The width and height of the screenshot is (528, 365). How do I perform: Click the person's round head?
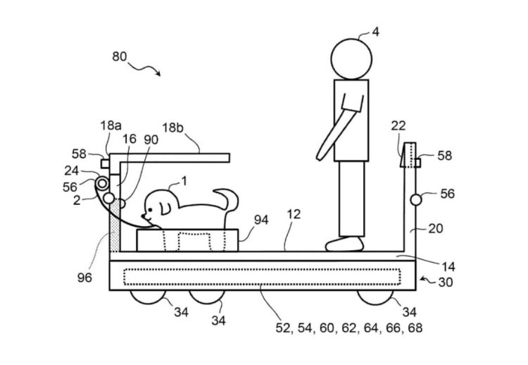tap(351, 59)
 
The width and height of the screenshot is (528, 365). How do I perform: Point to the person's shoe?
tap(344, 244)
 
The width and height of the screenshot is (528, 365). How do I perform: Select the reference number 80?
tap(120, 56)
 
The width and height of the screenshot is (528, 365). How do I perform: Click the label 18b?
tap(173, 128)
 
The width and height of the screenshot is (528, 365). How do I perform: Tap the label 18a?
tap(111, 125)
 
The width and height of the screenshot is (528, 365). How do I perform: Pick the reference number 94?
tap(261, 220)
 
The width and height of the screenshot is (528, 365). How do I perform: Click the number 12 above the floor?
tap(294, 214)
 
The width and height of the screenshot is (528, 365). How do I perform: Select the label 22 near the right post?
tap(398, 125)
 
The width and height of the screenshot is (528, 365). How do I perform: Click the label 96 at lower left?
tap(84, 278)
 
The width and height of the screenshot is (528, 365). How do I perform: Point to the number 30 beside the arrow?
tap(446, 282)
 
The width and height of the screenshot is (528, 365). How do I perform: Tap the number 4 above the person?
tap(375, 32)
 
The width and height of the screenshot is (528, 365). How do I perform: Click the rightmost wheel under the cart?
tap(375, 297)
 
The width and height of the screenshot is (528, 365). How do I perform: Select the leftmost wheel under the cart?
tap(148, 297)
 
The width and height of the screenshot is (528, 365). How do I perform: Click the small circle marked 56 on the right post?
tap(416, 200)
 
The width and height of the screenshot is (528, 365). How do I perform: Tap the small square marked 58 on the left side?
tap(105, 163)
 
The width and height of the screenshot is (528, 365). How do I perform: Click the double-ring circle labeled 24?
tap(102, 184)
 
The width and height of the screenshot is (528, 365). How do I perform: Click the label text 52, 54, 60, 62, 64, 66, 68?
tap(349, 328)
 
